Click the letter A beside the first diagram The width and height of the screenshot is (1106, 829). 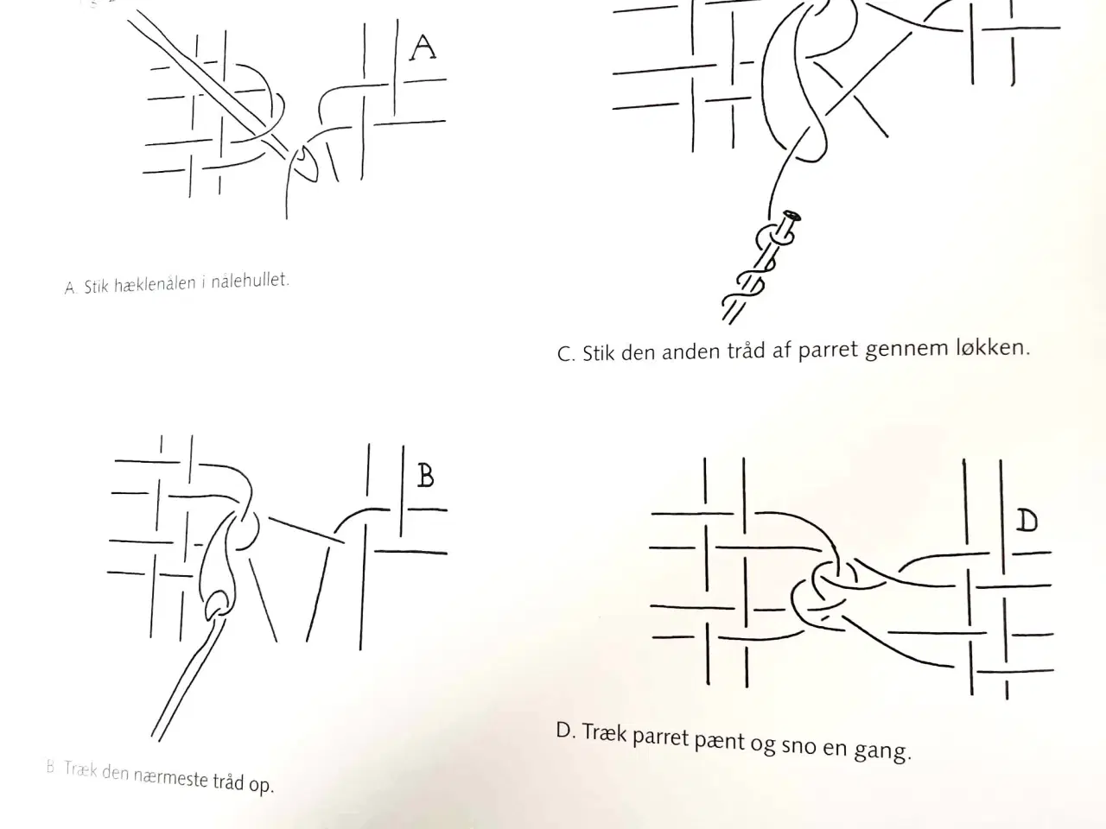click(x=423, y=47)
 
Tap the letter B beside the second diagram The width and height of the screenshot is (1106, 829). click(x=426, y=476)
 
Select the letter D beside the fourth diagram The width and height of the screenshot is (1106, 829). click(x=1027, y=521)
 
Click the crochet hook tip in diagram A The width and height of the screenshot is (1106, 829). click(x=304, y=163)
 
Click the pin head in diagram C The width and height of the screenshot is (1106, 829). click(x=792, y=217)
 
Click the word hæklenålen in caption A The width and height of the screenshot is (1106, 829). click(x=156, y=284)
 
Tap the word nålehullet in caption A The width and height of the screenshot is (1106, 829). click(x=250, y=280)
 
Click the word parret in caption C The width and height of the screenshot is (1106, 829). click(x=828, y=350)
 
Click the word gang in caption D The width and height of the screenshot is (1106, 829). click(x=882, y=752)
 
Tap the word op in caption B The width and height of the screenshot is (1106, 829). click(x=262, y=785)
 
